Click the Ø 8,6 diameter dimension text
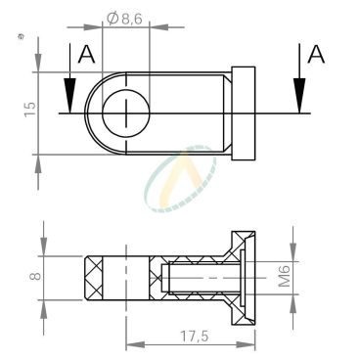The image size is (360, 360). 125,19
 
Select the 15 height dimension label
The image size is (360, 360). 30,110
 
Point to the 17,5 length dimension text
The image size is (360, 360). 194,337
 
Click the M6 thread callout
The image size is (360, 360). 285,276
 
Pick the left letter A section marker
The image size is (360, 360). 87,54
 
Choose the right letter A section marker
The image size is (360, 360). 316,54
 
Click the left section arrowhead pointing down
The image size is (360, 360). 69,96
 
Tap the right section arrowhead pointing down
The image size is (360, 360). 299,96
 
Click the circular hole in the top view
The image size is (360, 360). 126,113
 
